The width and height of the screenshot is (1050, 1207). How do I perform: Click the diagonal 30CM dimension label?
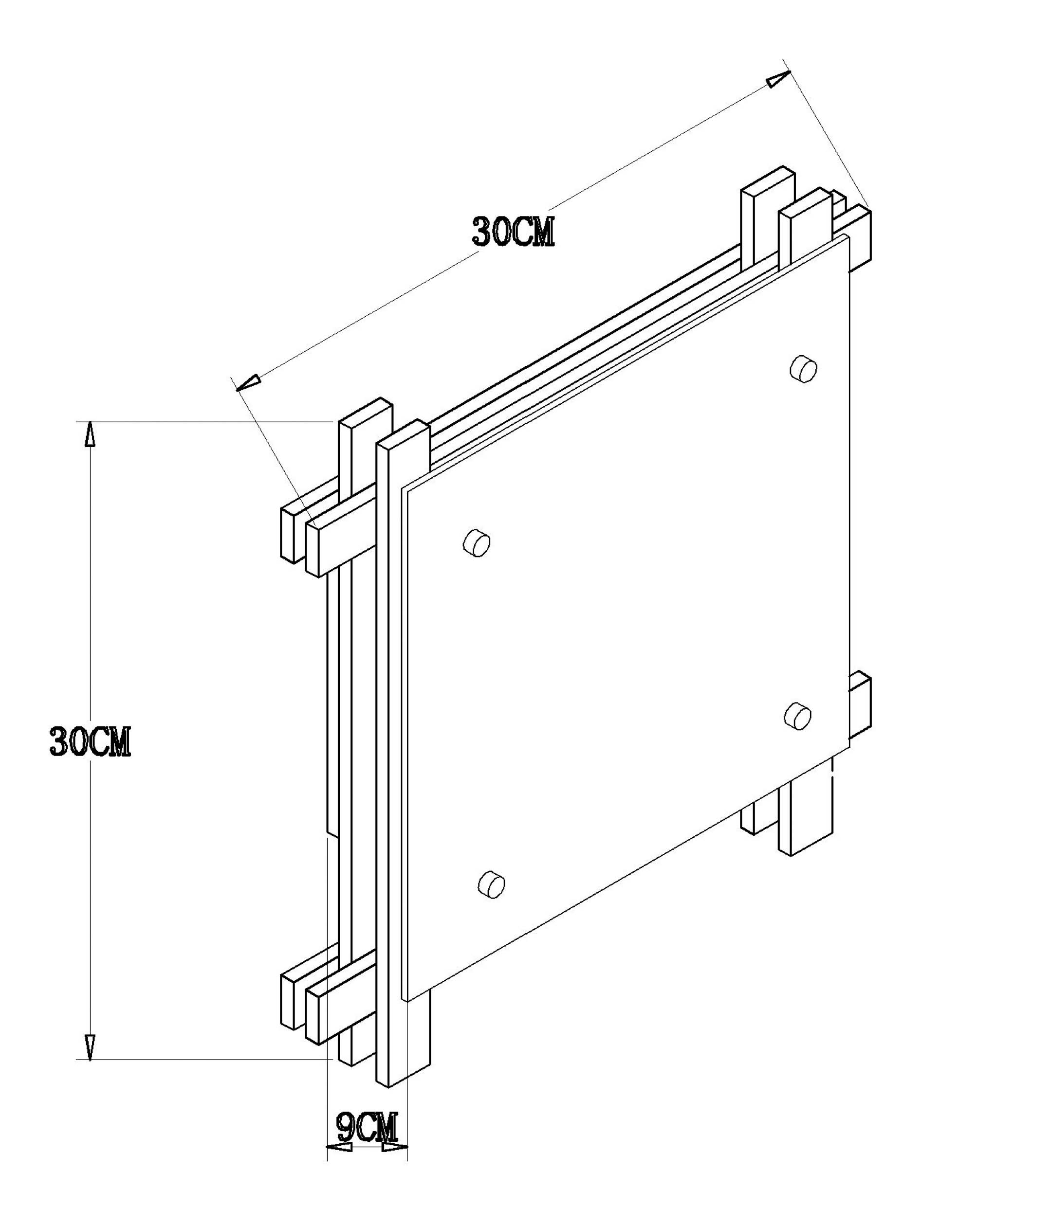pos(513,232)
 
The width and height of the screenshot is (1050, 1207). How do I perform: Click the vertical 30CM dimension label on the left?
pos(90,742)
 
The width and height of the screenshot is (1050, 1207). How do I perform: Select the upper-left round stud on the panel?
pos(477,543)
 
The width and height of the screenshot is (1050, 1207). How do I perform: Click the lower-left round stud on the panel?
pos(492,884)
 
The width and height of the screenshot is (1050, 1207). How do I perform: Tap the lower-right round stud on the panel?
pos(797,716)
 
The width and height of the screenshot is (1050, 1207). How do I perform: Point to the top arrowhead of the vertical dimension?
pos(90,434)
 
